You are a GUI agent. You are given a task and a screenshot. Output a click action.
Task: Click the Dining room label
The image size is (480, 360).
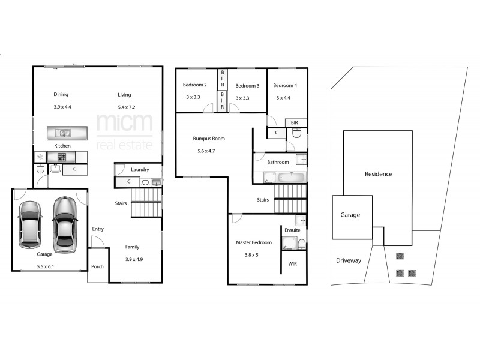pyautogui.click(x=61, y=95)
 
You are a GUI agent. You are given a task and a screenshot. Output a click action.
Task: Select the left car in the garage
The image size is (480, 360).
pyautogui.click(x=30, y=224)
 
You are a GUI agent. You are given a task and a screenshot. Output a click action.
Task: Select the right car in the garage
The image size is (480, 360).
pyautogui.click(x=64, y=224)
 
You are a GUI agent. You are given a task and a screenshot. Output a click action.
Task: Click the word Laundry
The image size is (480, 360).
pyautogui.click(x=139, y=170)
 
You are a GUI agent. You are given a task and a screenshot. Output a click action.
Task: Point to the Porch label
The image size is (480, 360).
pyautogui.click(x=97, y=267)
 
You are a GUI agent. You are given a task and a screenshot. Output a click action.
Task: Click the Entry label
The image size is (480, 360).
pyautogui.click(x=98, y=229)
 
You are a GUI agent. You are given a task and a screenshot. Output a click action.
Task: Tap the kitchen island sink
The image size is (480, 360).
pyautogui.click(x=64, y=133)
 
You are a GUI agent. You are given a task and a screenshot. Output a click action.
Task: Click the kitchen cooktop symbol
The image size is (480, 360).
pyautogui.click(x=61, y=157)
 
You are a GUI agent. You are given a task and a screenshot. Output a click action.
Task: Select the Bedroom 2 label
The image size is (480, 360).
pyautogui.click(x=195, y=85)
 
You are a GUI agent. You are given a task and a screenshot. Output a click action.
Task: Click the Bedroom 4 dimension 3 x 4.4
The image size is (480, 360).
pyautogui.click(x=283, y=98)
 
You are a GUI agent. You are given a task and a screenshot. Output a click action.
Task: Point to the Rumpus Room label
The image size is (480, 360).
pyautogui.click(x=208, y=139)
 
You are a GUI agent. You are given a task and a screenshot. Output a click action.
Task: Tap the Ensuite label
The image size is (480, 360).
pyautogui.click(x=292, y=230)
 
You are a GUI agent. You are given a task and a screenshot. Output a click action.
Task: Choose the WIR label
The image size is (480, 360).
pyautogui.click(x=293, y=263)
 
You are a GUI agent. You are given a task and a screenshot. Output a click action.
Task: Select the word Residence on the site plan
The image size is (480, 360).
pyautogui.click(x=378, y=174)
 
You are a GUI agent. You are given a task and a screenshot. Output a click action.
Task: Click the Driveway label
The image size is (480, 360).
pyautogui.click(x=349, y=260)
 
